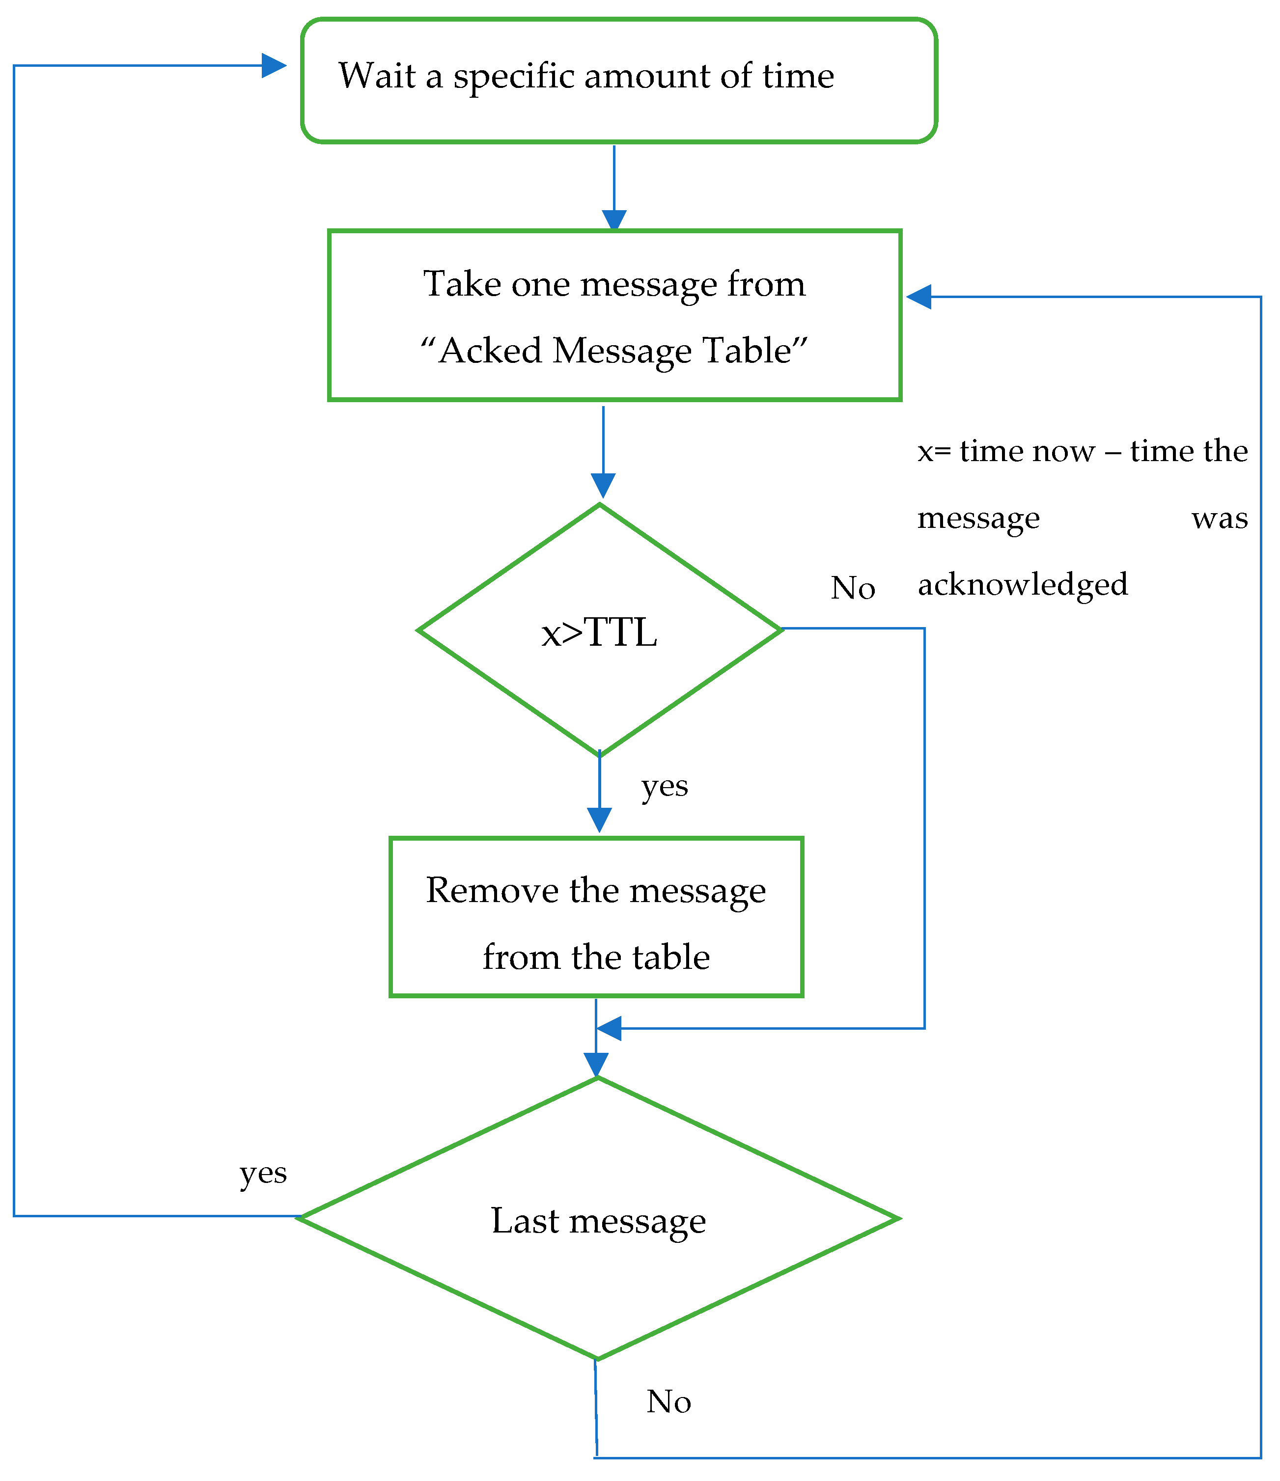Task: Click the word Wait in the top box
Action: (377, 75)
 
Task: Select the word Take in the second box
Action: (461, 284)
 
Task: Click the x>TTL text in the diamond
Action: (599, 632)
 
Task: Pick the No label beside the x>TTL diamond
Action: (852, 588)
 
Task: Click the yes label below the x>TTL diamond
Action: (664, 786)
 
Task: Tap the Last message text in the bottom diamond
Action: (598, 1221)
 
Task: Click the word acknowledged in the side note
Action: (1023, 585)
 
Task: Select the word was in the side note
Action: (1219, 518)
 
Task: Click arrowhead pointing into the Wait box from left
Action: (273, 66)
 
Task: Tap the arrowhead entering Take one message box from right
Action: (919, 297)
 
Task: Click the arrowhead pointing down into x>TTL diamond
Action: (603, 485)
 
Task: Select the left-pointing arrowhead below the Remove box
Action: (609, 1029)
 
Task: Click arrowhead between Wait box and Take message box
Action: (614, 219)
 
